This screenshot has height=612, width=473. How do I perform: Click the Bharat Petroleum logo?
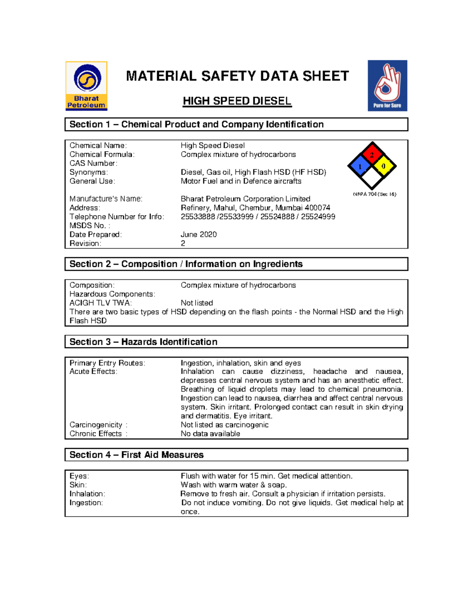86,86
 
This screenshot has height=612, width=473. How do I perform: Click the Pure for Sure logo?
387,86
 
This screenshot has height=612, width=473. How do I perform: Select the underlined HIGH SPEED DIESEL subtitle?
237,101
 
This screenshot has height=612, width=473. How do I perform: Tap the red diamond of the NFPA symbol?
372,154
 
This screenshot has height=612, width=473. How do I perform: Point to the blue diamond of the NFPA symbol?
360,166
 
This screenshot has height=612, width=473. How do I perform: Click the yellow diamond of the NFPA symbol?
384,166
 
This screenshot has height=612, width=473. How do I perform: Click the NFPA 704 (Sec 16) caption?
374,194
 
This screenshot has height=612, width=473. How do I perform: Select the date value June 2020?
199,234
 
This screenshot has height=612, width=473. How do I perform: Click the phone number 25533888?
198,217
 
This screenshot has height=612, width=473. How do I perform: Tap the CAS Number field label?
93,163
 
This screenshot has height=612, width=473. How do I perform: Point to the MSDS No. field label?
89,226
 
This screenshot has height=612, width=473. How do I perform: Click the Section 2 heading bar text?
186,264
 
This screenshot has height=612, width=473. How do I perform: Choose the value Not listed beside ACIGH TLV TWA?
197,303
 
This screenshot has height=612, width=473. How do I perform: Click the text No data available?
210,434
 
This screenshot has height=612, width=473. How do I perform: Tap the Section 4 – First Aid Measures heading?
136,455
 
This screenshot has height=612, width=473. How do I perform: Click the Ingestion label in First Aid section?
86,503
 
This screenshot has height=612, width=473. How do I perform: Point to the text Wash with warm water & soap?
234,485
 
